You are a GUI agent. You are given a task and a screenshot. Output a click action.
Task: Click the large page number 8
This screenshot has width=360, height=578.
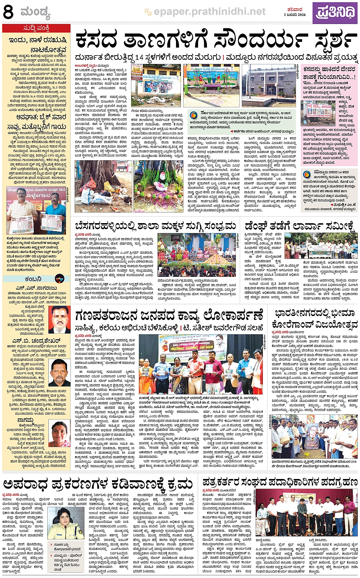(8, 12)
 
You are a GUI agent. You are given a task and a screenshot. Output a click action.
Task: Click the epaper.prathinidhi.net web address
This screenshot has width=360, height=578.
(210, 12)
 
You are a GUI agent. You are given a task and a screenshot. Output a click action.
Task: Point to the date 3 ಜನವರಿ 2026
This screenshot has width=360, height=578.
(294, 15)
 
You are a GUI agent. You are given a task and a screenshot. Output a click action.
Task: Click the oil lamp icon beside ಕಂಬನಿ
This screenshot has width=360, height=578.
(59, 279)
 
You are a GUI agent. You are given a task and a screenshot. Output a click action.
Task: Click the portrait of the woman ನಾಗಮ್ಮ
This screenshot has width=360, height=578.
(60, 434)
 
